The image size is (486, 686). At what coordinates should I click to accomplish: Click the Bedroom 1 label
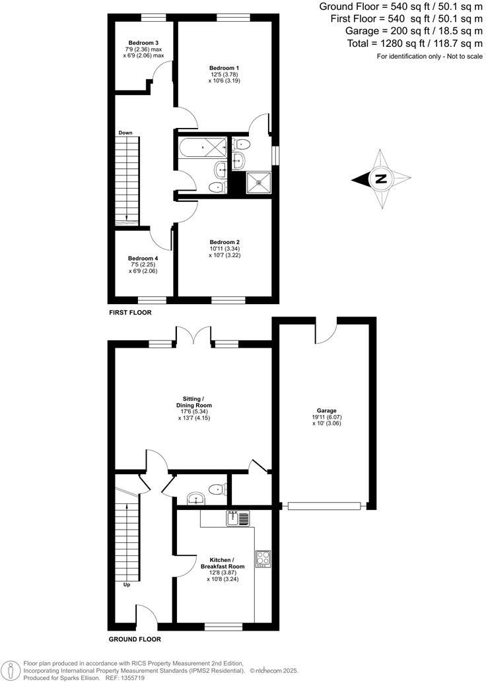[224, 67]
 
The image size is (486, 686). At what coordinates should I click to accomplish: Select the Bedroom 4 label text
[143, 258]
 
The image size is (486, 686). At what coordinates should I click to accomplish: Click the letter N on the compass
[380, 179]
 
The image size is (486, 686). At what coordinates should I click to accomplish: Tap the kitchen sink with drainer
[237, 518]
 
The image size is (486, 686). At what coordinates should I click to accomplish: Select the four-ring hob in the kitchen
[263, 558]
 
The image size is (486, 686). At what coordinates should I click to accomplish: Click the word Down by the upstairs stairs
[125, 133]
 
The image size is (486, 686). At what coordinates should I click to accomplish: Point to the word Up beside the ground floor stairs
[127, 584]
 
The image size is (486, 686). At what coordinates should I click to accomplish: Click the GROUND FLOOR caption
[135, 639]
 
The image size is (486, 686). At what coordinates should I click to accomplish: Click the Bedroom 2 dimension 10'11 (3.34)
[224, 248]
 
